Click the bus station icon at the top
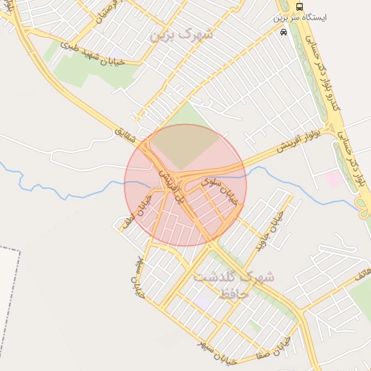300,7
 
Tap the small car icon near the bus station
283,33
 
